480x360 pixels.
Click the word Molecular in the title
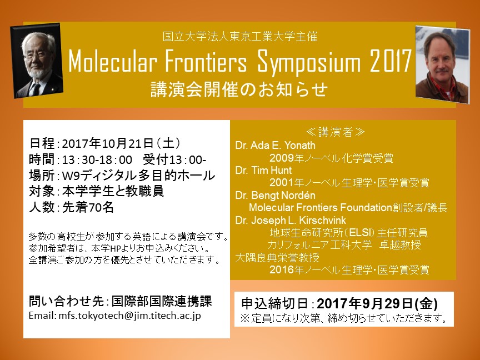click(x=113, y=62)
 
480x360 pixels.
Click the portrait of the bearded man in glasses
click(x=37, y=61)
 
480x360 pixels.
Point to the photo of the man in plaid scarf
click(x=442, y=64)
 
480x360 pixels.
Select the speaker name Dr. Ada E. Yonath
click(x=275, y=145)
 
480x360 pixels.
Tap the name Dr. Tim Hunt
click(x=263, y=170)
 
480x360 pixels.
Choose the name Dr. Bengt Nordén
click(x=275, y=196)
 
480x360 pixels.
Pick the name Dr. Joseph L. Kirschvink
click(x=291, y=220)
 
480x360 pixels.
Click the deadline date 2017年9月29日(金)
click(x=377, y=304)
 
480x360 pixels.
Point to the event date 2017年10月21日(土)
click(x=122, y=143)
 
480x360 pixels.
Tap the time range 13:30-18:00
click(x=97, y=159)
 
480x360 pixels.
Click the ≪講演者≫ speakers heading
click(x=336, y=132)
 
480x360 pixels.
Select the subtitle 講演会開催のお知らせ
click(x=239, y=89)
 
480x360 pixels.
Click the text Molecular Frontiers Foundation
click(x=321, y=208)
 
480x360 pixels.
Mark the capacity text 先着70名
click(x=88, y=207)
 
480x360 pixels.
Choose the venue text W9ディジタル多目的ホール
click(x=138, y=176)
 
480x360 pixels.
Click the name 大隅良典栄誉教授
click(x=277, y=257)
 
